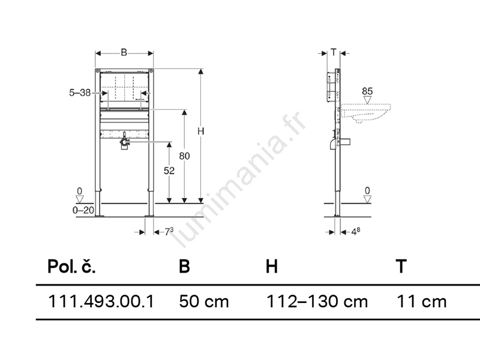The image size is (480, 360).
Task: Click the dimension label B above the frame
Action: (124, 53)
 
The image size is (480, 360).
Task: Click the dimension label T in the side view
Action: (334, 52)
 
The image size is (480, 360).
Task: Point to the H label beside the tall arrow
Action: (200, 131)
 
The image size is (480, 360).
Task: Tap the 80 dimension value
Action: (184, 156)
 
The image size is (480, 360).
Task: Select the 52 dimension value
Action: (169, 170)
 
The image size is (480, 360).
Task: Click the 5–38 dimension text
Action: (80, 92)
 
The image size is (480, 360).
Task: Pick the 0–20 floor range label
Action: (83, 210)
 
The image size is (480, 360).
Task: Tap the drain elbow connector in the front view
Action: (124, 142)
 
